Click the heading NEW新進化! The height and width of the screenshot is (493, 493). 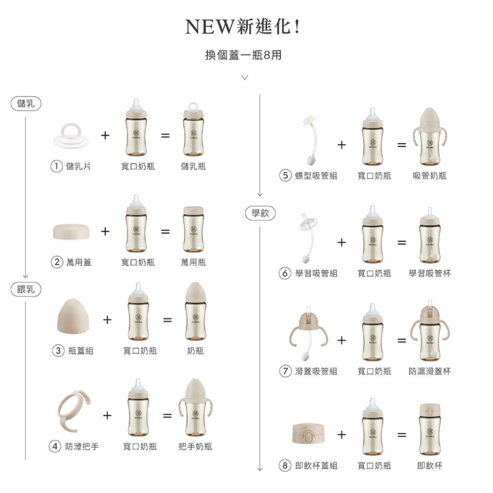(243, 28)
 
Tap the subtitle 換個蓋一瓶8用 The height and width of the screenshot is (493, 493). (244, 55)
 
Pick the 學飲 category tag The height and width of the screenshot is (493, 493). (260, 213)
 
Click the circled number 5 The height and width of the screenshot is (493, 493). (284, 176)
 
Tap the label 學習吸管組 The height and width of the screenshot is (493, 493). (316, 273)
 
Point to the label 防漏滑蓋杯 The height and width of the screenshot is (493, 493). (429, 371)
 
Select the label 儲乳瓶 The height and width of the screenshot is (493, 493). (193, 167)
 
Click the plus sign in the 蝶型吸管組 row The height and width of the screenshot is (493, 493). (342, 145)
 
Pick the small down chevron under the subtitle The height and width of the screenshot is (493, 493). (244, 77)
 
